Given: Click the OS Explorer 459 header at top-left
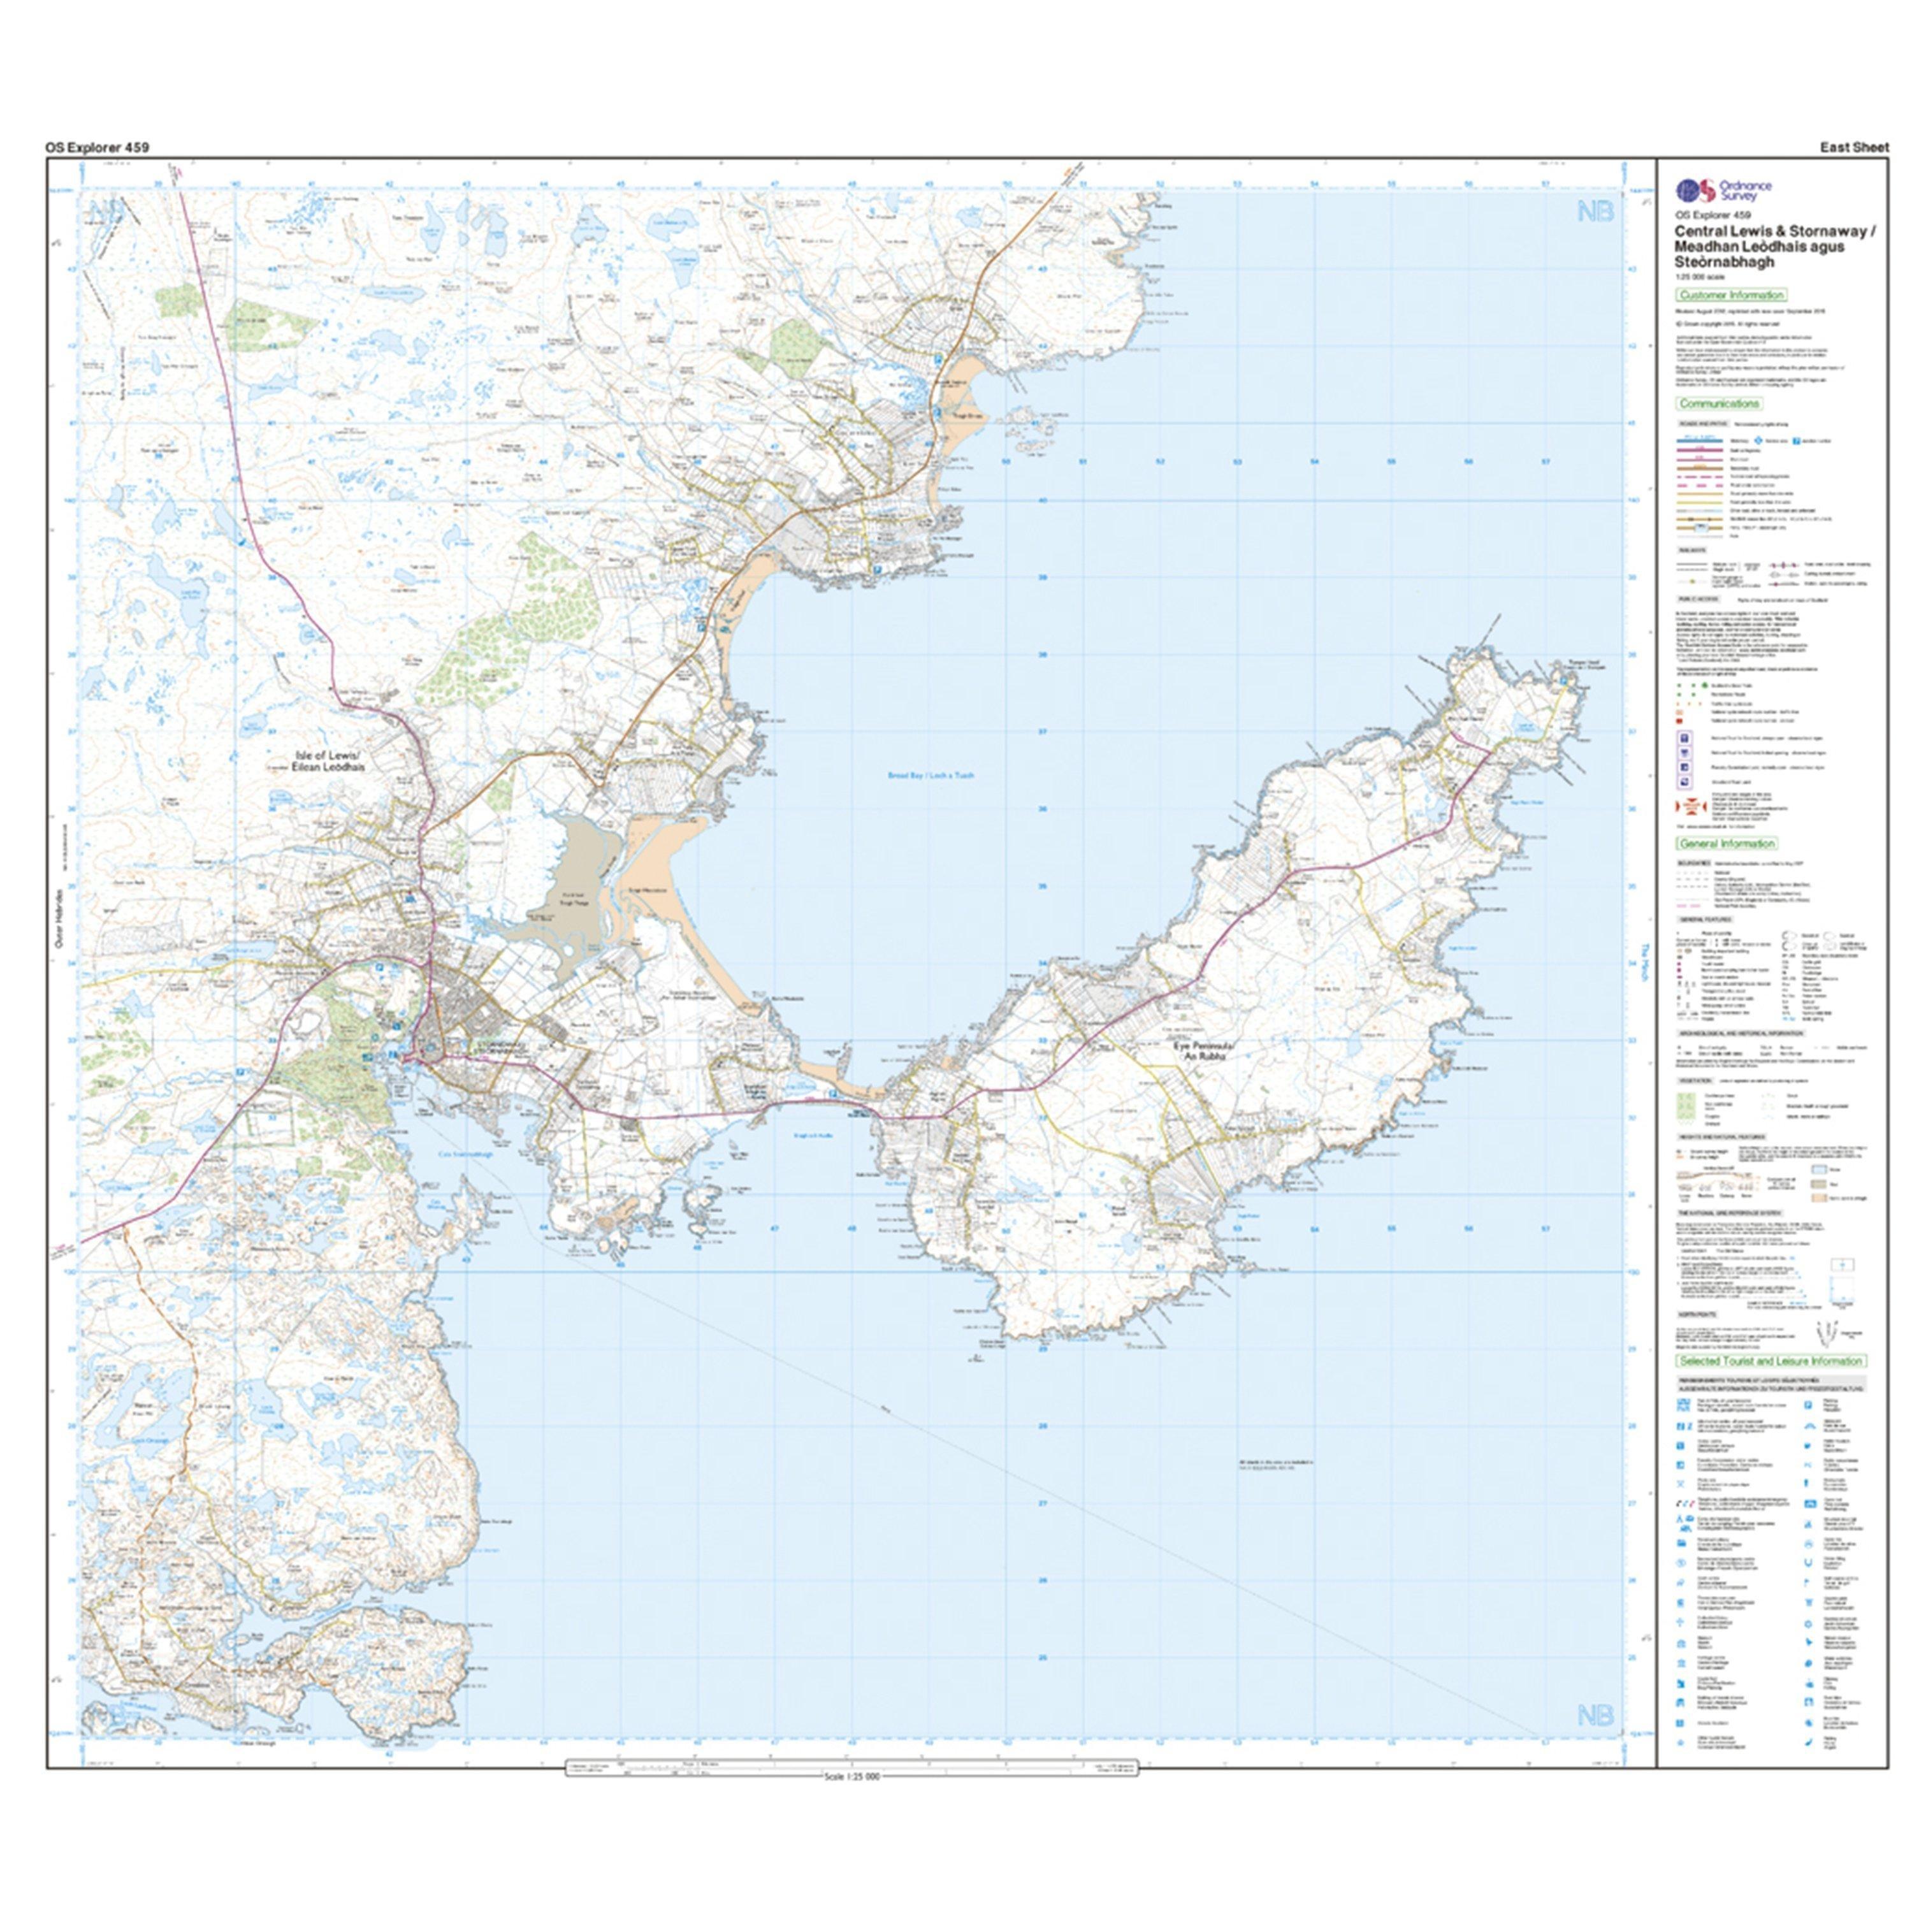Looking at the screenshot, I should [x=97, y=147].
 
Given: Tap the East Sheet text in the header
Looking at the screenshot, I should [x=1853, y=147].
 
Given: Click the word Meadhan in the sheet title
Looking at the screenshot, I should [x=1705, y=247].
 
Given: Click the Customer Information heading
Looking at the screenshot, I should [x=1731, y=295].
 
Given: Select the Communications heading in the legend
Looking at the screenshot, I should [x=1719, y=404].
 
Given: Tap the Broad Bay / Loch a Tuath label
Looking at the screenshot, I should [x=931, y=776].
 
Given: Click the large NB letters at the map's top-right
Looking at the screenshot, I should [x=1595, y=211].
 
